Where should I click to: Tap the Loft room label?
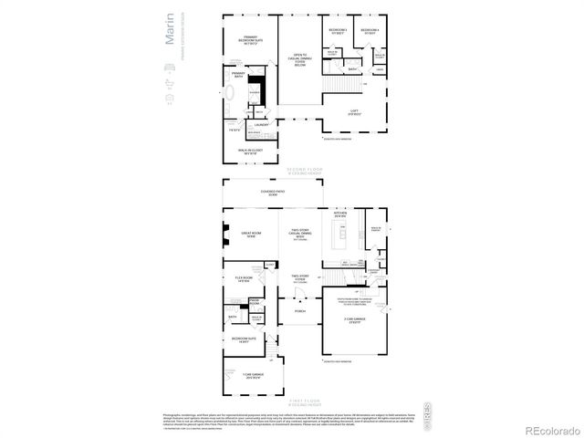(x=354, y=113)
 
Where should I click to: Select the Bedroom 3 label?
(x=337, y=32)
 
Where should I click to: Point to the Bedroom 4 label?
(x=369, y=32)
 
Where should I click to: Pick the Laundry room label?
(x=260, y=125)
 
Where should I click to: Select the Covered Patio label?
(x=273, y=193)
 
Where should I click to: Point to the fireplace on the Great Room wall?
(x=227, y=235)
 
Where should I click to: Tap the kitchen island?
(x=343, y=235)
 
